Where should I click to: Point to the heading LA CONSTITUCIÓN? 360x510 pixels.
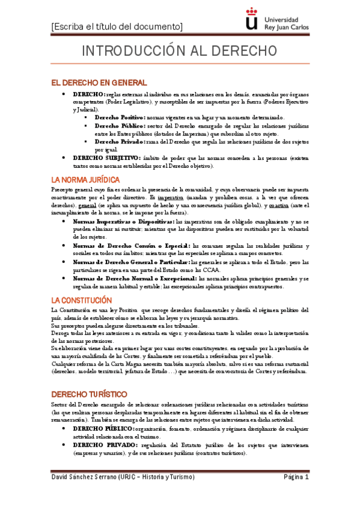click(x=81, y=300)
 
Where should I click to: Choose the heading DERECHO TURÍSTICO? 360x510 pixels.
click(x=88, y=393)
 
